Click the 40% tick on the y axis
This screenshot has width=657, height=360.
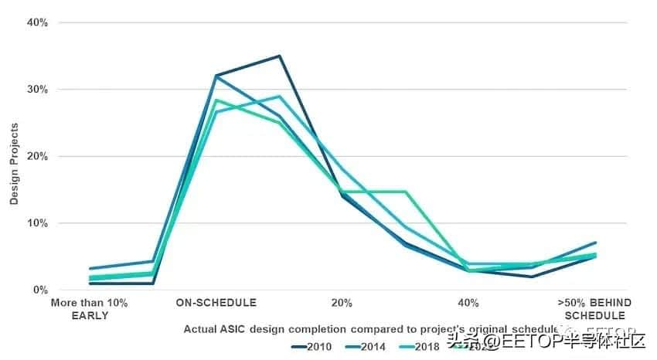(x=38, y=22)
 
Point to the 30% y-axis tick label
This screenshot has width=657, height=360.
(x=38, y=90)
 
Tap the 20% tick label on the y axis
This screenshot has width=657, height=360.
(x=38, y=156)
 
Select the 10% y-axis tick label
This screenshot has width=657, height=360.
(x=38, y=223)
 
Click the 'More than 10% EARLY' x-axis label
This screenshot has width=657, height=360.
(x=89, y=308)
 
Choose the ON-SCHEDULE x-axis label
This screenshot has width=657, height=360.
(x=216, y=302)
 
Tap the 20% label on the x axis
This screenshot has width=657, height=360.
(x=342, y=302)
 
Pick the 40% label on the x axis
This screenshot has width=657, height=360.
(x=468, y=302)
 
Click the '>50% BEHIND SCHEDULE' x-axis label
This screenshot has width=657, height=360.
(x=594, y=308)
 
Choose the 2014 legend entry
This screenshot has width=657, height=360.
(x=366, y=346)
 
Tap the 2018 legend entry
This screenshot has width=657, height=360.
(x=422, y=346)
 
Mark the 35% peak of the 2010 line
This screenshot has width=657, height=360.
(x=279, y=56)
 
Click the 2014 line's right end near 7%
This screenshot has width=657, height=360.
(x=595, y=243)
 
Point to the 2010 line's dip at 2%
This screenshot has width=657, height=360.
(x=532, y=277)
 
